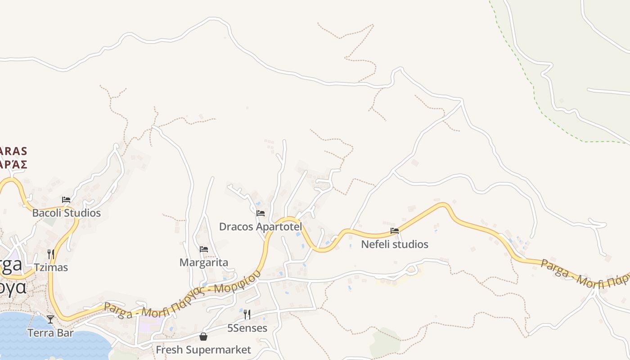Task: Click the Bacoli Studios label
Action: (x=67, y=213)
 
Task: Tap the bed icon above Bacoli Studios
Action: (x=66, y=200)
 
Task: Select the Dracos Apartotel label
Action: (x=260, y=227)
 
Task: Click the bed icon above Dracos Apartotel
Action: (x=260, y=213)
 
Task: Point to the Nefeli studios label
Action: (x=395, y=244)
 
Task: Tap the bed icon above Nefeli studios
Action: (x=395, y=231)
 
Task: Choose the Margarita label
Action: (x=204, y=262)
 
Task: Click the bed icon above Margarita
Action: (x=204, y=249)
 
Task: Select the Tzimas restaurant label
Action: (x=50, y=268)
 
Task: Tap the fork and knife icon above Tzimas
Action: (x=50, y=254)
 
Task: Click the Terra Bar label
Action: (x=50, y=333)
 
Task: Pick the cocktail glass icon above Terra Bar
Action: (x=50, y=319)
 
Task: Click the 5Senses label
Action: (x=247, y=328)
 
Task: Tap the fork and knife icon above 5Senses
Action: (x=247, y=314)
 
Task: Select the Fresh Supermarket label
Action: (x=203, y=350)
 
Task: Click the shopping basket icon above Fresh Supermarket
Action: (x=203, y=337)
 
